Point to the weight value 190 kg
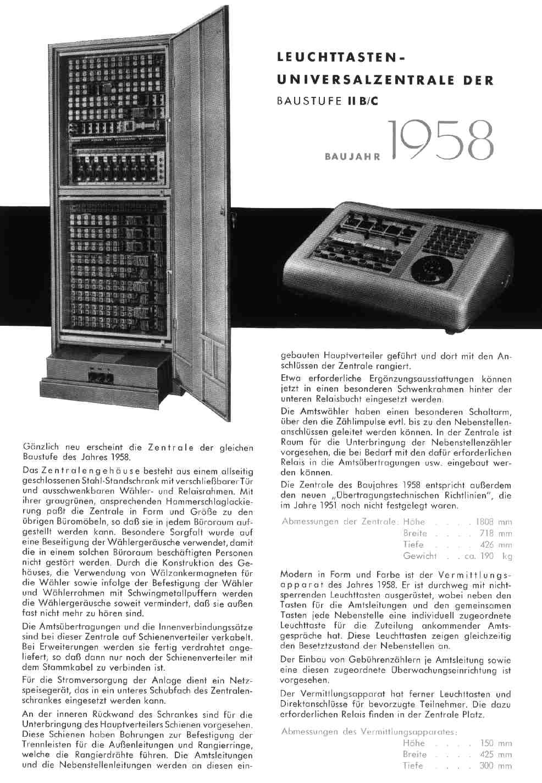click(488, 556)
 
